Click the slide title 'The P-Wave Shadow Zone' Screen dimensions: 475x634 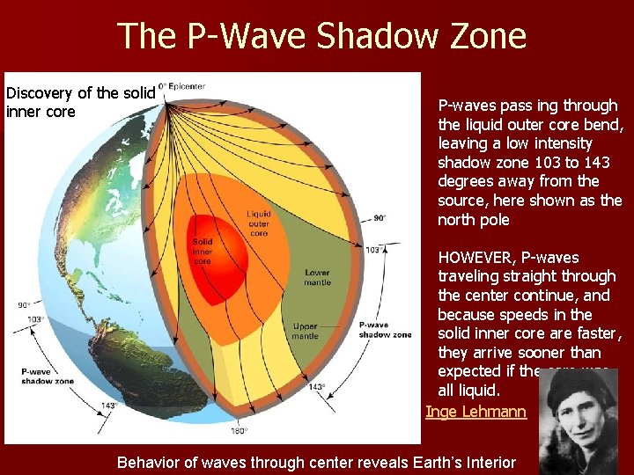(x=321, y=36)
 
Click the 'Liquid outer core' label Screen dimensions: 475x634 (x=258, y=223)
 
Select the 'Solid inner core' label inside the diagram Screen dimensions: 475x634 (x=203, y=250)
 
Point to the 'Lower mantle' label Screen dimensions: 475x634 (x=317, y=277)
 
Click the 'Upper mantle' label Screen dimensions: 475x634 (x=305, y=331)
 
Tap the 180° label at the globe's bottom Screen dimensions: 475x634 (x=238, y=430)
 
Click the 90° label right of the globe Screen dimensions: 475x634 (x=380, y=217)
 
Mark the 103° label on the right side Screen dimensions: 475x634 (x=373, y=250)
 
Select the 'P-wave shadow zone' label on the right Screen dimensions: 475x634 (x=385, y=330)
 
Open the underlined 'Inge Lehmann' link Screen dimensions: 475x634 (x=475, y=412)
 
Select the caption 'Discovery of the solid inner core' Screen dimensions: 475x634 (x=80, y=102)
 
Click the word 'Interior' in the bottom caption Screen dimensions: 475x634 (x=489, y=461)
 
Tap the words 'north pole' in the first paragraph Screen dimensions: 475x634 (x=473, y=220)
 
